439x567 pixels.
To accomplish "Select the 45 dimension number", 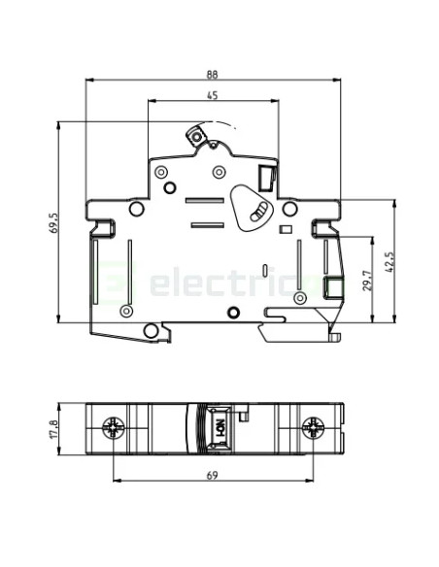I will click(212, 94).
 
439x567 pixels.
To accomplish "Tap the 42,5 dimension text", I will click(388, 262).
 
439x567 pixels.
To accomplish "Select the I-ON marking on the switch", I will click(219, 425).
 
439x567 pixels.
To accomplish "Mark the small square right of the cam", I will click(285, 229).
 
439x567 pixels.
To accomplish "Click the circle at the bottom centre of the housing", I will click(232, 312).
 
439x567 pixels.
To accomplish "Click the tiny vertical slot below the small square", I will click(266, 268).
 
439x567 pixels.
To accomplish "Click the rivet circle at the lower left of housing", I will click(125, 312).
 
